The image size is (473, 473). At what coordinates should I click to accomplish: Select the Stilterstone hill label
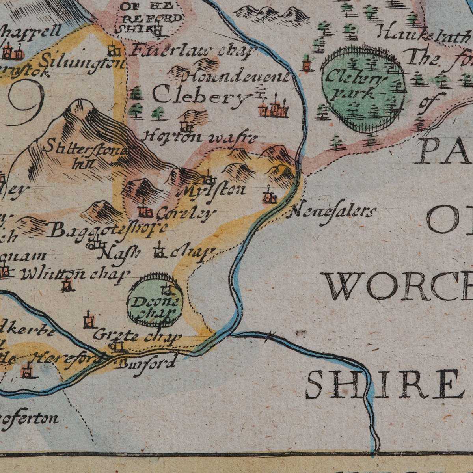(x=87, y=156)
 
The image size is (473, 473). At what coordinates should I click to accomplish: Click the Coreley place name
(x=186, y=214)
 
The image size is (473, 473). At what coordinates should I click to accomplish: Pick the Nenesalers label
(x=332, y=212)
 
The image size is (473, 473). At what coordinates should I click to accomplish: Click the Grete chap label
(x=137, y=336)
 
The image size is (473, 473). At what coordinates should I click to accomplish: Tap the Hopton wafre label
(x=199, y=138)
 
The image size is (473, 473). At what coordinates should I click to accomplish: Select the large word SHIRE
(x=384, y=384)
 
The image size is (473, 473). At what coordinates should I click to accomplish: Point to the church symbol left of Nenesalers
(x=270, y=197)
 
